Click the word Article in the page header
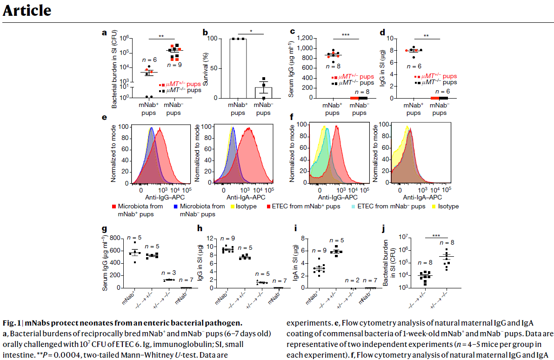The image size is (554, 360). pyautogui.click(x=27, y=10)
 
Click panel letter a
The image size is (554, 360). pyautogui.click(x=104, y=33)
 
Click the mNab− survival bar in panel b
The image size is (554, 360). pyautogui.click(x=263, y=93)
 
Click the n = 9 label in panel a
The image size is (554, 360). pyautogui.click(x=174, y=64)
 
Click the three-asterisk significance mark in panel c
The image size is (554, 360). pyautogui.click(x=346, y=35)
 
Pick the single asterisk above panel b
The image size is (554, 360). pyautogui.click(x=251, y=32)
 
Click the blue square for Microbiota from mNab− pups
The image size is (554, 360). pyautogui.click(x=175, y=206)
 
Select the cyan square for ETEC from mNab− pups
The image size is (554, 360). pyautogui.click(x=354, y=206)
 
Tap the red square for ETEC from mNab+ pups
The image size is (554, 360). pyautogui.click(x=268, y=206)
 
